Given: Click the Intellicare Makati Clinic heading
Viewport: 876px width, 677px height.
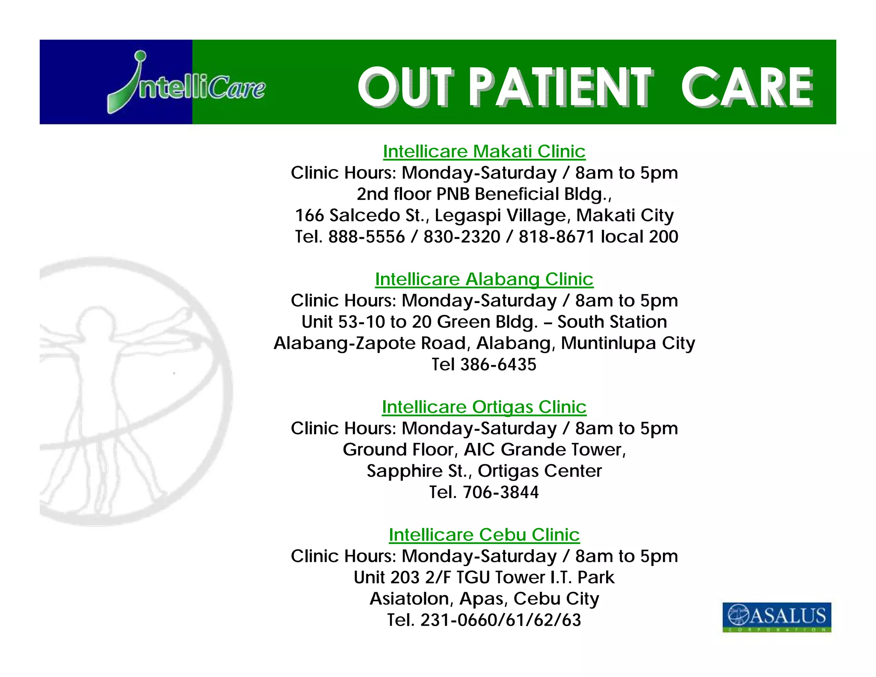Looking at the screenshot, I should tap(484, 151).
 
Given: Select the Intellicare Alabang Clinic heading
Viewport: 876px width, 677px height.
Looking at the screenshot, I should tap(484, 279).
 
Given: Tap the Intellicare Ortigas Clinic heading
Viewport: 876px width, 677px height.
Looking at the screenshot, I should tap(484, 407).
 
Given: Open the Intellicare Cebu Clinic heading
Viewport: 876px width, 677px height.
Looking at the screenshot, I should tap(484, 535).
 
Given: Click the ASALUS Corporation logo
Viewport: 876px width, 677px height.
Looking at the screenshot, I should tap(776, 617).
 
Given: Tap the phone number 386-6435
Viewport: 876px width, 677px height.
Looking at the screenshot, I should tap(498, 365).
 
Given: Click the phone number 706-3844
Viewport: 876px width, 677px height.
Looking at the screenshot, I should tap(500, 492).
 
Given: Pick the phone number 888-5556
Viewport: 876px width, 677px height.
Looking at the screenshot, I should tap(366, 237).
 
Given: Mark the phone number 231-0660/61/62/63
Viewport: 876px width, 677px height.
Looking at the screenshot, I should tap(500, 620).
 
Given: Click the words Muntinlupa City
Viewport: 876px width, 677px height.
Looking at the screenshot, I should tap(627, 343).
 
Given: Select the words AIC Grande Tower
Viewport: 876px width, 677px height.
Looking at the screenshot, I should tap(544, 450).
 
